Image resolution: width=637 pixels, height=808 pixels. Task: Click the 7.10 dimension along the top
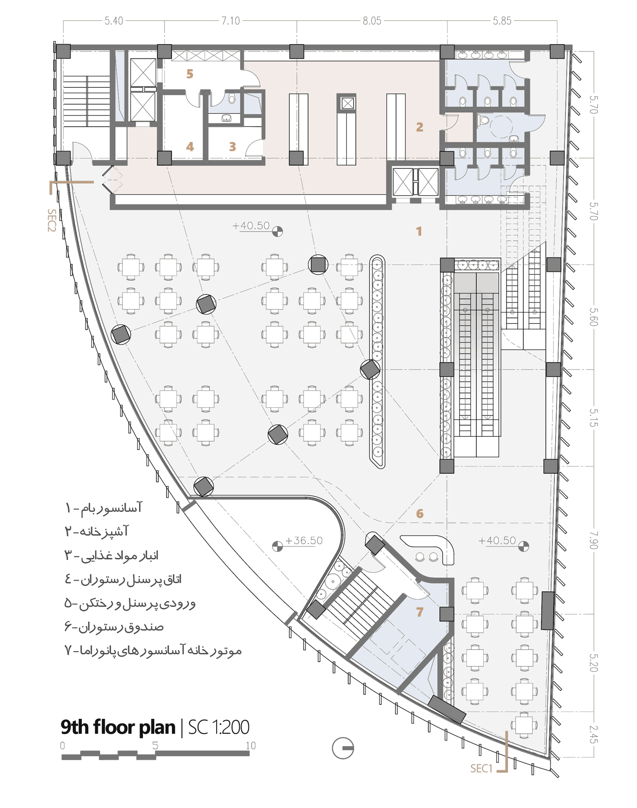coord(231,21)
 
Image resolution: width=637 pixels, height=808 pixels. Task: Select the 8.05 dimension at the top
coord(372,21)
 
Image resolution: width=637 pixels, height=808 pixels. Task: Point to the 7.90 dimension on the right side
coord(593,540)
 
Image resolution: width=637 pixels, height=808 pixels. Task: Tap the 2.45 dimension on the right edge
coord(593,734)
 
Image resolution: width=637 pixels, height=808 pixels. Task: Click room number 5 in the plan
coord(190,74)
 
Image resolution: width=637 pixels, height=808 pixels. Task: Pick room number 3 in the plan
coord(233,146)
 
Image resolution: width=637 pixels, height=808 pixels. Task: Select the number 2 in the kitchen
coord(420,127)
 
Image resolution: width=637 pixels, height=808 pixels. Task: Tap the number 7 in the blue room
coord(420,612)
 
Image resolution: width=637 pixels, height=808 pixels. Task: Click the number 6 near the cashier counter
coord(420,514)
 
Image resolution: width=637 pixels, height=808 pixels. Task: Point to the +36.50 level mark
coord(303,540)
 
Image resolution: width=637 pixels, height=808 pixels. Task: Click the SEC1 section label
coord(481,768)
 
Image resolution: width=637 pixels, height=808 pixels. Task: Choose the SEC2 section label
coord(52,220)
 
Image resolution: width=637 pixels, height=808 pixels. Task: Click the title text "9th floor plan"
coord(118,727)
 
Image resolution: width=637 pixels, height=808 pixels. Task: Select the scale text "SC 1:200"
coord(219,727)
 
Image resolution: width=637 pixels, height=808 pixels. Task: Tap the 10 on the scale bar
coord(251,746)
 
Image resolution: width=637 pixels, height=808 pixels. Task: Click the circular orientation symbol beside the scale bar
coord(343,748)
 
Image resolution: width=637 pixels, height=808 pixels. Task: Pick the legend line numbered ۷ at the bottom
coord(153,651)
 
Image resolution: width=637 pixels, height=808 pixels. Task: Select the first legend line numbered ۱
coord(104,508)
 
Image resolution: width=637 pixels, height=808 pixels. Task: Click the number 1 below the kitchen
coord(419,232)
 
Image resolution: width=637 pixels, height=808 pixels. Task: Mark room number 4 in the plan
coord(190,146)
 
